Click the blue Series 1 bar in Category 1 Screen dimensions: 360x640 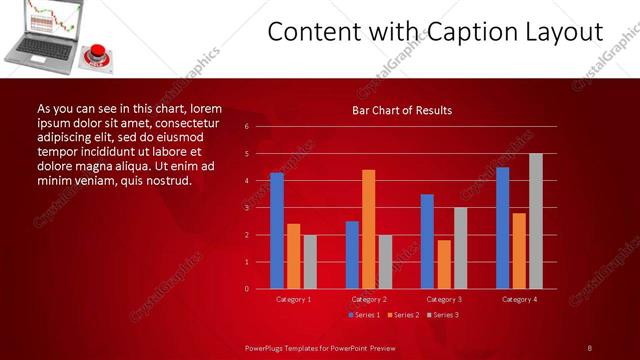click(277, 231)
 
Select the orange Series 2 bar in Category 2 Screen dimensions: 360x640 click(368, 229)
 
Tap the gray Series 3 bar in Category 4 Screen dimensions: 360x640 click(536, 221)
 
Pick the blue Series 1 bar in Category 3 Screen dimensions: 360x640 click(427, 241)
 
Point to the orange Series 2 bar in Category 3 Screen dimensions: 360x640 click(444, 264)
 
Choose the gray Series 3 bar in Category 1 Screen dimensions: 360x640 click(310, 262)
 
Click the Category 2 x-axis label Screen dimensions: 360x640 click(368, 299)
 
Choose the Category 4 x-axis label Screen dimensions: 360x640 click(519, 299)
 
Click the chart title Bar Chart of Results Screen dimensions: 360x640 click(402, 110)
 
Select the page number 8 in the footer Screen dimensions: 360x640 click(590, 348)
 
